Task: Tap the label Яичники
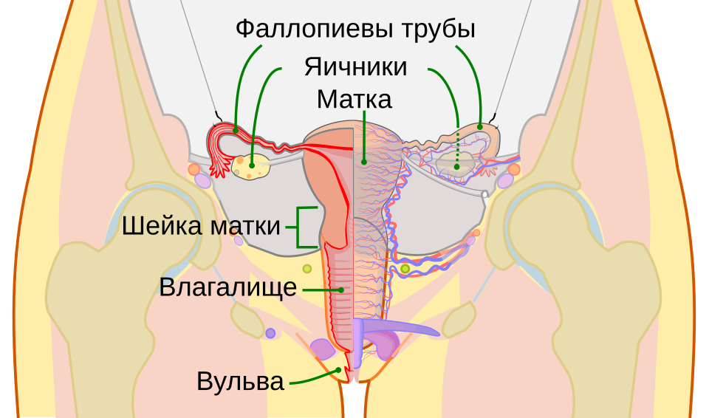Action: coord(355,67)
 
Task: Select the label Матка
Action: coord(354,100)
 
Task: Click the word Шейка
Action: coord(162,225)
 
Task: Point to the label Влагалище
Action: coord(228,288)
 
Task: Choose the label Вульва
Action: coord(240,381)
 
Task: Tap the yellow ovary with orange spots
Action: coord(250,166)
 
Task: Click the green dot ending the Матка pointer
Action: coord(363,161)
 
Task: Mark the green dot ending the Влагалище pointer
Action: coord(342,289)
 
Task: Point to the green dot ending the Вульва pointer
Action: coord(338,369)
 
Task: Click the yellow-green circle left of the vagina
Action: coord(307,269)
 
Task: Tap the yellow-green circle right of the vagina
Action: coord(405,269)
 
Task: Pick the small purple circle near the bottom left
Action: coord(270,333)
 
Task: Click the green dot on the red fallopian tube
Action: coord(235,130)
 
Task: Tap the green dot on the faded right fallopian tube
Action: coord(480,127)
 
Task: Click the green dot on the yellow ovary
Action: coord(252,166)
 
